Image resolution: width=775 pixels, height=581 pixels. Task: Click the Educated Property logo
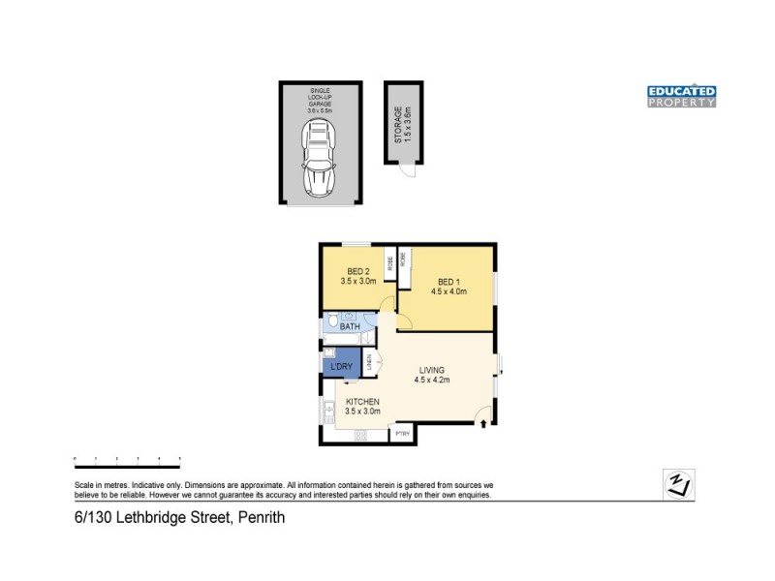click(x=681, y=96)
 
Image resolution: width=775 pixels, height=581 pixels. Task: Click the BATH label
click(x=350, y=327)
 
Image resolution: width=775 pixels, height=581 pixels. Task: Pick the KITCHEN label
click(x=361, y=402)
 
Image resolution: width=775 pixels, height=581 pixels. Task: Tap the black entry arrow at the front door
click(x=482, y=422)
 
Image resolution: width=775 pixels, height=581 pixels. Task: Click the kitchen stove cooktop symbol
click(x=361, y=435)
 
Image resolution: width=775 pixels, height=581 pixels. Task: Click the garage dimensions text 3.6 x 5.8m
click(x=321, y=111)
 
